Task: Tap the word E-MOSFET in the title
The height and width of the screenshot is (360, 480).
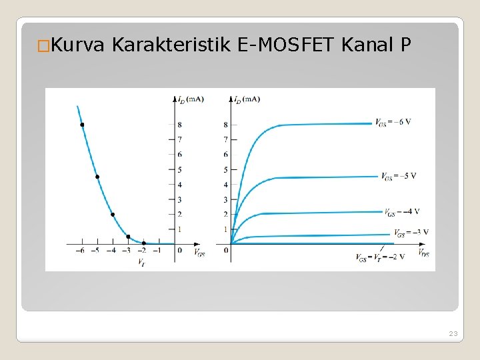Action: click(286, 45)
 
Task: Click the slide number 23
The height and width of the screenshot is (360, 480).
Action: click(453, 333)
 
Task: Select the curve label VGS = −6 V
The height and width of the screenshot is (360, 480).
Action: click(393, 122)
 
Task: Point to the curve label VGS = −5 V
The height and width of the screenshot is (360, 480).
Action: click(399, 176)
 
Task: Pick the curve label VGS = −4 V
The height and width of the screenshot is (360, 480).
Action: click(402, 212)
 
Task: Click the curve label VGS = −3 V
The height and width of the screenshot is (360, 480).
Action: click(411, 233)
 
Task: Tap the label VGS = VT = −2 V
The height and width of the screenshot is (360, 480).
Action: click(379, 257)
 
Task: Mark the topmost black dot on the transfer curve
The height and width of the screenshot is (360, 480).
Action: click(82, 125)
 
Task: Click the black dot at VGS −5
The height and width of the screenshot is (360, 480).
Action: click(97, 177)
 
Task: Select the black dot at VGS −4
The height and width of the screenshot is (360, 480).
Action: click(113, 215)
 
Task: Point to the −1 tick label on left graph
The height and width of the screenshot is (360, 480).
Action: click(157, 251)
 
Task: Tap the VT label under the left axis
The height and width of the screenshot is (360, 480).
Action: click(142, 263)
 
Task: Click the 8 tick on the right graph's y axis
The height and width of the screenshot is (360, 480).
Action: click(225, 125)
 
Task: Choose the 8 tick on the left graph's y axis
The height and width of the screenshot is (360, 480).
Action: click(179, 125)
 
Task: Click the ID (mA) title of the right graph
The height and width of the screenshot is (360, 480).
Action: click(246, 99)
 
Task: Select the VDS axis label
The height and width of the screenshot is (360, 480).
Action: click(424, 253)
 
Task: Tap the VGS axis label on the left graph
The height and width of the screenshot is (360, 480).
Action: click(199, 253)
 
